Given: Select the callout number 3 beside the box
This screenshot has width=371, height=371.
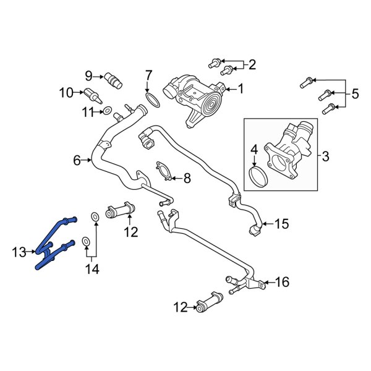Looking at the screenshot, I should tap(325, 155).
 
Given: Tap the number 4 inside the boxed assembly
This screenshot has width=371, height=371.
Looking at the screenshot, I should tap(254, 149).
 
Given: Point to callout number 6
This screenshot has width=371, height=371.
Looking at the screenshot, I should tap(77, 160).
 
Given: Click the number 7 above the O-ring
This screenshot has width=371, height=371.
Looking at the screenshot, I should tap(148, 75).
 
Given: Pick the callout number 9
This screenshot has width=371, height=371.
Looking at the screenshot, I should tap(88, 76).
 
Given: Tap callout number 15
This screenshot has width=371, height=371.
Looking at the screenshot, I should tap(281, 224).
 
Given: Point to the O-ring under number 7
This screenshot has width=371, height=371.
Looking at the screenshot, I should tap(153, 99).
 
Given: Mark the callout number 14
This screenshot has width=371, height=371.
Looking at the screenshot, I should tap(91, 269).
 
